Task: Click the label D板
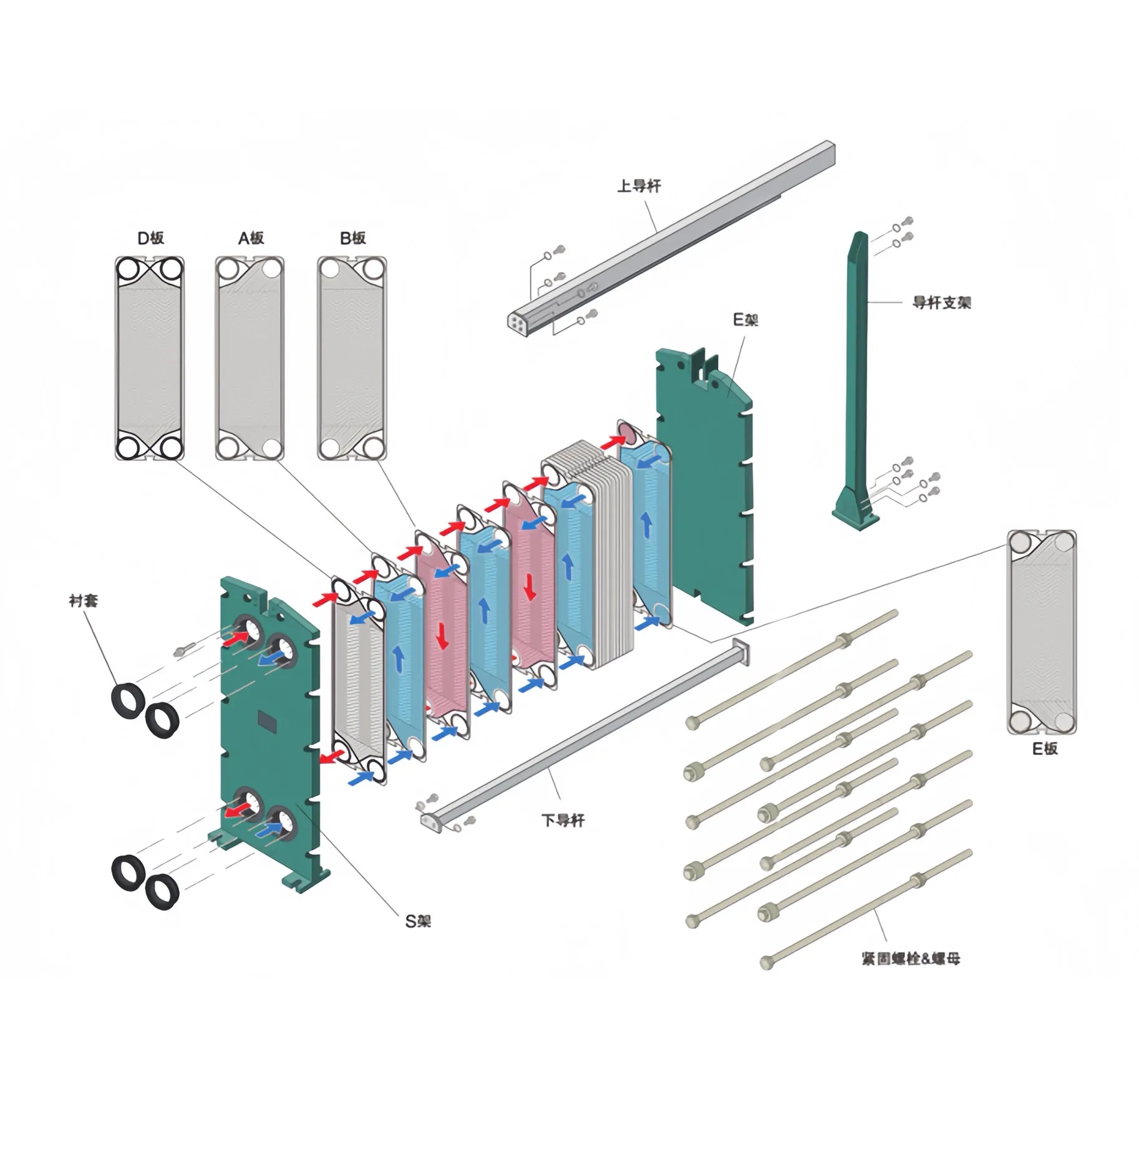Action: [150, 238]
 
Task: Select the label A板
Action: [251, 238]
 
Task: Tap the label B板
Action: [352, 238]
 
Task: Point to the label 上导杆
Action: [638, 186]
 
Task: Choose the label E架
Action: [745, 321]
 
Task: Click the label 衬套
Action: [84, 601]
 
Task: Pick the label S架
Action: [418, 921]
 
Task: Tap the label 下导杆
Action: [563, 820]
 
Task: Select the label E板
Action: [1045, 748]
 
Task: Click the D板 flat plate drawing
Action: [150, 358]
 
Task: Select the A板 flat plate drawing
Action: [250, 358]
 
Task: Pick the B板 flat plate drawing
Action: [352, 358]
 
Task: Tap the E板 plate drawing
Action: [1041, 631]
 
